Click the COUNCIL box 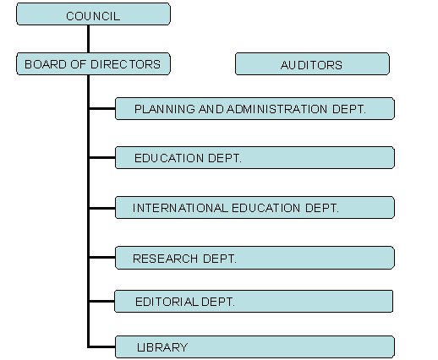pyautogui.click(x=93, y=14)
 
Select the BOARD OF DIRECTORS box pyautogui.click(x=93, y=64)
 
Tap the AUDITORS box pyautogui.click(x=312, y=64)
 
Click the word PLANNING pyautogui.click(x=165, y=109)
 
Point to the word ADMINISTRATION pyautogui.click(x=276, y=109)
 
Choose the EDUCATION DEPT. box pyautogui.click(x=255, y=158)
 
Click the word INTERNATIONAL pyautogui.click(x=180, y=208)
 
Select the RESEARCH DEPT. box pyautogui.click(x=255, y=258)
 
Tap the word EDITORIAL pyautogui.click(x=167, y=302)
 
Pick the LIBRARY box pyautogui.click(x=255, y=347)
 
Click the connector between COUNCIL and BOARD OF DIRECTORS pyautogui.click(x=89, y=39)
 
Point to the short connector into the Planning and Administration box pyautogui.click(x=102, y=108)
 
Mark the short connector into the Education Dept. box pyautogui.click(x=102, y=158)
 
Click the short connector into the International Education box pyautogui.click(x=102, y=208)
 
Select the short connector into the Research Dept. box pyautogui.click(x=102, y=257)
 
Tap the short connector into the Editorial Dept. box pyautogui.click(x=102, y=302)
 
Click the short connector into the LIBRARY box pyautogui.click(x=102, y=346)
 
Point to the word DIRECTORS pyautogui.click(x=126, y=64)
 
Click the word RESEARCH pyautogui.click(x=165, y=259)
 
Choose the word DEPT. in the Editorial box pyautogui.click(x=218, y=302)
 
